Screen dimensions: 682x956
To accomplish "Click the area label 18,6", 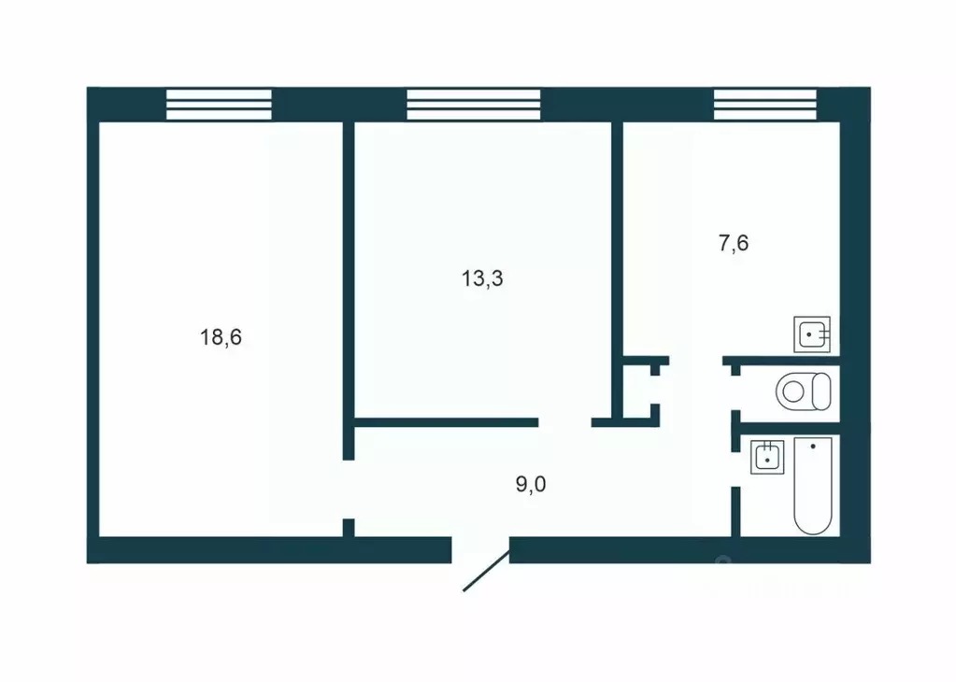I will pos(221,337).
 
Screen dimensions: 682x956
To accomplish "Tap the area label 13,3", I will pos(482,278).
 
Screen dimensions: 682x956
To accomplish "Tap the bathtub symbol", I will pos(812,485).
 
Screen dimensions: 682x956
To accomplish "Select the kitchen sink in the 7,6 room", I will pos(811,334).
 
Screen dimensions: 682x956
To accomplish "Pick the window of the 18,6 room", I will pos(219,104).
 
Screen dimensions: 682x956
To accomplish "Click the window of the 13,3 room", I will pos(474,104).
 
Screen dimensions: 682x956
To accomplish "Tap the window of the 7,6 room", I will pos(764,104).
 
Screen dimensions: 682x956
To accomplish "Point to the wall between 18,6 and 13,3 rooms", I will pos(348,280).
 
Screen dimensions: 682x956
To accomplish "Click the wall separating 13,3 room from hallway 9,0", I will pos(445,422).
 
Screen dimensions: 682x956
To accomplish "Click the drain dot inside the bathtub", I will pos(813,447).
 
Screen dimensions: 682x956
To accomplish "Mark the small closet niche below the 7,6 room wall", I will pos(640,391).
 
